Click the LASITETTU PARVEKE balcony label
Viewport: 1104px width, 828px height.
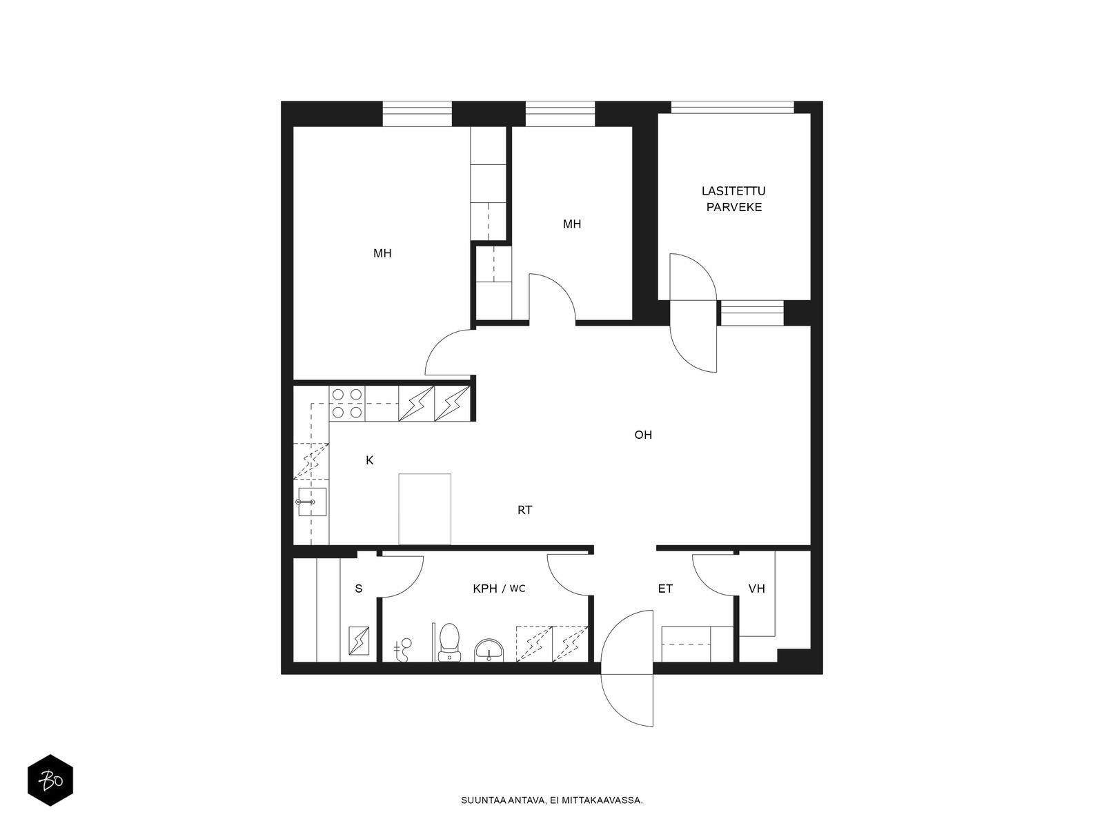point(733,199)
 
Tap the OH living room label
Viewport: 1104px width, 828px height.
point(643,435)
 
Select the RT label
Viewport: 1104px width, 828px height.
point(524,511)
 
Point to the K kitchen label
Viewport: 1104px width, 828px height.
point(370,460)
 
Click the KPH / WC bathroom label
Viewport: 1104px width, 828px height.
point(499,589)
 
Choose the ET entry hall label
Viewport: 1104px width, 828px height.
point(665,589)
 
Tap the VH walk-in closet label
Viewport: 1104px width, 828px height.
point(756,589)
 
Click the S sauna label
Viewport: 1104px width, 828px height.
point(359,589)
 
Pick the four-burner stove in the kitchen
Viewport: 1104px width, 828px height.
point(347,404)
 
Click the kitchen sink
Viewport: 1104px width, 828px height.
point(312,502)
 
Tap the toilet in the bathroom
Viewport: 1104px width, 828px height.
point(449,642)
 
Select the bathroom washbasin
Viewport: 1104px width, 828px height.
point(489,651)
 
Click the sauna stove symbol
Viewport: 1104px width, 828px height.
point(359,640)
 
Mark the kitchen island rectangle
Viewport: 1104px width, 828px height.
point(424,509)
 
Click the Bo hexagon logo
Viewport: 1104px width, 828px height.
point(50,780)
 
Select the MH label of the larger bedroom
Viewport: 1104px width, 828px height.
point(382,253)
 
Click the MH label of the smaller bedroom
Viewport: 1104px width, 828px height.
point(572,224)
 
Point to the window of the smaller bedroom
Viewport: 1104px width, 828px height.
point(560,114)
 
